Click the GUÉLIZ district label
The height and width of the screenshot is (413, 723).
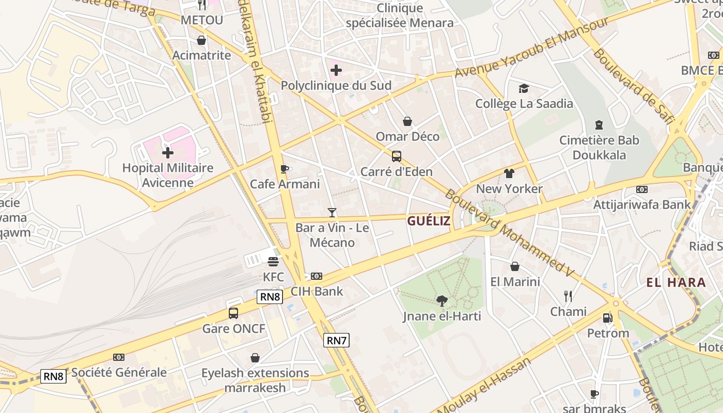[x=429, y=221]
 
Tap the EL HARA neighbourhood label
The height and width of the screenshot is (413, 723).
[x=676, y=282]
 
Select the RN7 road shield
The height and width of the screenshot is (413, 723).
[x=336, y=340]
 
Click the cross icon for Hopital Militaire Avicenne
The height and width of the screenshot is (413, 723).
[x=168, y=153]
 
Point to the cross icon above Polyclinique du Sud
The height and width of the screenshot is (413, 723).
[x=336, y=70]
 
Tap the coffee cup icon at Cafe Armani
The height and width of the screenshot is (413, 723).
[x=284, y=169]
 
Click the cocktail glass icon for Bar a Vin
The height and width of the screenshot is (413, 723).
[x=332, y=212]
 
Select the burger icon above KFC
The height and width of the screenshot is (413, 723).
[x=273, y=262]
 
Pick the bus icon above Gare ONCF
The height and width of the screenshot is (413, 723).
[x=233, y=313]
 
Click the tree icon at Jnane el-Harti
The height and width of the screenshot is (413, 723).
[x=442, y=300]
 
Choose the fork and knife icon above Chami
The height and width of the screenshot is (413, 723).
[x=568, y=296]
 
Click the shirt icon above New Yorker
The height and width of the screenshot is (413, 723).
[x=509, y=173]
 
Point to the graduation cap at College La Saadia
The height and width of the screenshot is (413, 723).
[x=524, y=88]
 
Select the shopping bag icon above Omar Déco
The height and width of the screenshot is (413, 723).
[x=407, y=121]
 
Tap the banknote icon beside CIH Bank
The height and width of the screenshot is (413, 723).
[x=317, y=276]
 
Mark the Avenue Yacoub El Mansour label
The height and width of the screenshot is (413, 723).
[x=531, y=49]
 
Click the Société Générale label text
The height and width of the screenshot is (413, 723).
[x=119, y=372]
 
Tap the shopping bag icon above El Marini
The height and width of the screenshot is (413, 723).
[x=515, y=266]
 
